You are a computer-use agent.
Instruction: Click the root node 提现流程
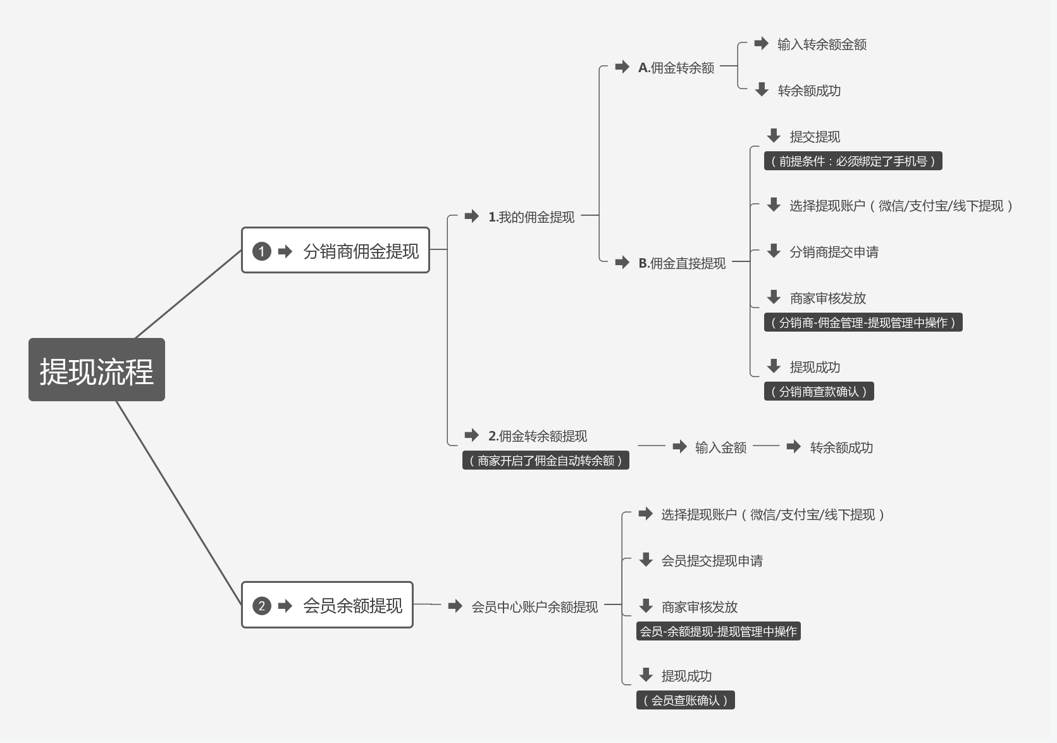click(97, 370)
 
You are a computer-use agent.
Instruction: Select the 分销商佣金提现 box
click(335, 251)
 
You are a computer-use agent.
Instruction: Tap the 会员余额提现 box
click(327, 605)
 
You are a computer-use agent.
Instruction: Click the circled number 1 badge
click(261, 251)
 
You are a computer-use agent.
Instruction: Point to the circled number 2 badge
click(261, 606)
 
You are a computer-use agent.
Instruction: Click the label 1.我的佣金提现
click(531, 217)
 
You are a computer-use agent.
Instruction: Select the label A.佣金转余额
click(676, 68)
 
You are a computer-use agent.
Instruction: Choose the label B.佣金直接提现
click(681, 263)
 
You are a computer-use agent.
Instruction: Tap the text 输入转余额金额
click(822, 44)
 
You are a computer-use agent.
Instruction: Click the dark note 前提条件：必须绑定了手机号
click(853, 161)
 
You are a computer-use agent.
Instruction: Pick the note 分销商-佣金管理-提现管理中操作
click(863, 323)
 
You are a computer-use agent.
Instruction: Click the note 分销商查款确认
click(819, 392)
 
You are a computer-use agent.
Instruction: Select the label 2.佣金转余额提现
click(537, 436)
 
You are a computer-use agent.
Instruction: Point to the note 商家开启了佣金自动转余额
click(545, 461)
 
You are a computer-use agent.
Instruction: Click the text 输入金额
click(720, 447)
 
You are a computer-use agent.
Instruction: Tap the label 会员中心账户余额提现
click(535, 607)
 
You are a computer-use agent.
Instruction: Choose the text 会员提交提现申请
click(712, 561)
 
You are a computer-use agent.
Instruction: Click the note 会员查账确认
click(685, 701)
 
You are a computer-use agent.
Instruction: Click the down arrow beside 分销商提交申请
click(774, 251)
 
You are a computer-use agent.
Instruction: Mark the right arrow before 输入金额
click(680, 447)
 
